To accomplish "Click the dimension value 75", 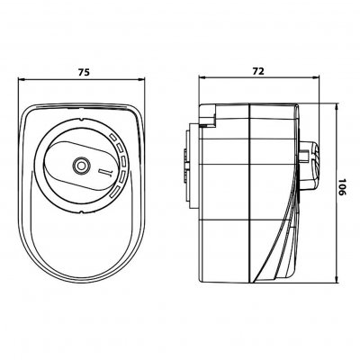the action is (x=84, y=72).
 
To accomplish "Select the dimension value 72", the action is (x=258, y=71).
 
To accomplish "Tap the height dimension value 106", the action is (x=342, y=187).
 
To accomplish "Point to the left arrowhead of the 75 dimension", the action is (x=21, y=79).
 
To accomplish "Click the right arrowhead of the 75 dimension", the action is (x=141, y=79).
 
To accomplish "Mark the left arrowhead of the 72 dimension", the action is (x=202, y=77).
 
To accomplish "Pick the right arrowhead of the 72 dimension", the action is (x=317, y=77).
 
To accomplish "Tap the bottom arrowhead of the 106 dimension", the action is (x=337, y=279).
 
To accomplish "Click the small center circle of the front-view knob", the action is (x=81, y=166).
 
